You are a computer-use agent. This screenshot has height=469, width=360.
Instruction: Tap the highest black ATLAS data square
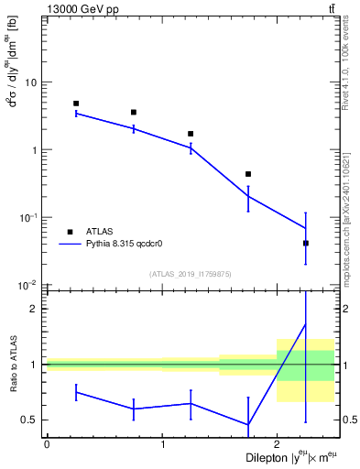click(x=76, y=104)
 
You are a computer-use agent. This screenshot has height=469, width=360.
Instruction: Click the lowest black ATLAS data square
click(x=306, y=243)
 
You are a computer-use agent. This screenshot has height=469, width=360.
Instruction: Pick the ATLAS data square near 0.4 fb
click(x=248, y=174)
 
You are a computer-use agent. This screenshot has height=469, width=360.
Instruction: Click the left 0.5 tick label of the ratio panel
click(x=30, y=420)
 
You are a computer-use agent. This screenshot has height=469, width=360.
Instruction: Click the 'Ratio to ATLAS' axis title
click(x=12, y=364)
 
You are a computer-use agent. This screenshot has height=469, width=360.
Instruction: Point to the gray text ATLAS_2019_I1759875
click(x=191, y=273)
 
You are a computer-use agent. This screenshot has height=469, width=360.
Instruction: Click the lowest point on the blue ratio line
click(x=248, y=424)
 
